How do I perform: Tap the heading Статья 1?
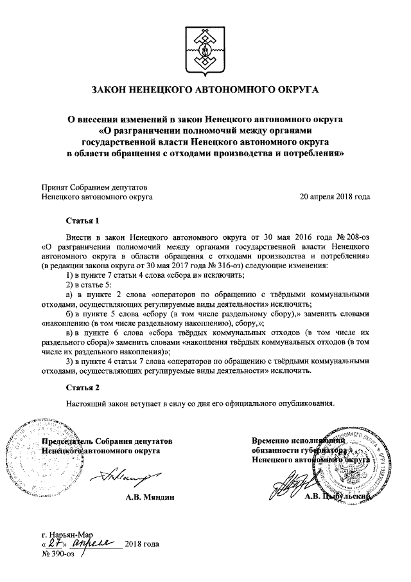click(x=83, y=221)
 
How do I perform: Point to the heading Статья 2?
click(x=83, y=388)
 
